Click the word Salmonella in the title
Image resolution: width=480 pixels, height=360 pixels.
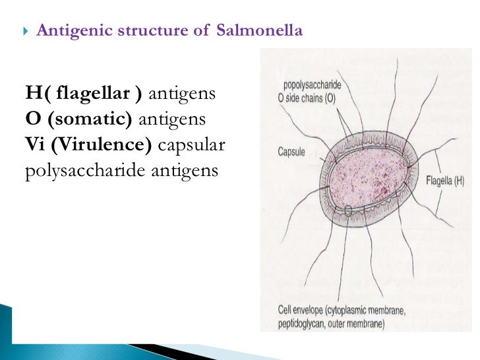[259, 30]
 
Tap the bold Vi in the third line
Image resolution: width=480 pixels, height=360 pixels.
[36, 144]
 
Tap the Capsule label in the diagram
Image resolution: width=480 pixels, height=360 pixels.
[291, 152]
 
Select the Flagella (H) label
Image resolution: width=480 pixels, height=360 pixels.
[445, 179]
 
